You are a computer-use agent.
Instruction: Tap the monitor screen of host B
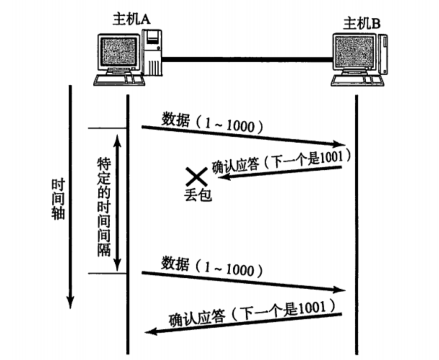click(355, 53)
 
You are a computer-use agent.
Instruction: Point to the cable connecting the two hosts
click(246, 59)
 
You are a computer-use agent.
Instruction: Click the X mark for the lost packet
click(195, 176)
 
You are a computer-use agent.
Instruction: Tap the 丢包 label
click(198, 195)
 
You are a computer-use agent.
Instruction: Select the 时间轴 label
click(58, 199)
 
